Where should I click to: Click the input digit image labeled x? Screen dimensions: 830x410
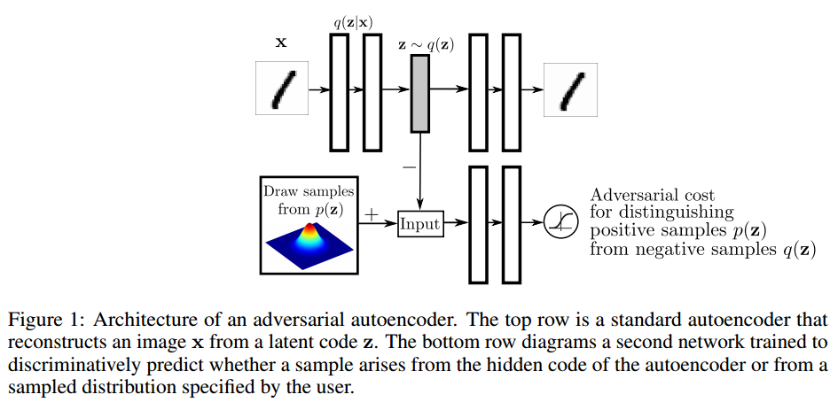(x=282, y=88)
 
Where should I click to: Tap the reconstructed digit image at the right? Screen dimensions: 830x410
(x=571, y=89)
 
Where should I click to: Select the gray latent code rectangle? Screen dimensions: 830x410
(x=420, y=94)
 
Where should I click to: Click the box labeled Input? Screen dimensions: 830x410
(x=420, y=223)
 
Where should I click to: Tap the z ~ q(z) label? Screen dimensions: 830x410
(x=426, y=45)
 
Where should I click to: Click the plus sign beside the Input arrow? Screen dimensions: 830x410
(x=372, y=214)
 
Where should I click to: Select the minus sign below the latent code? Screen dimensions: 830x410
(x=409, y=167)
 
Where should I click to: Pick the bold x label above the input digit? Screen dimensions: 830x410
(x=281, y=43)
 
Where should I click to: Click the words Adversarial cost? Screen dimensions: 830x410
(x=652, y=195)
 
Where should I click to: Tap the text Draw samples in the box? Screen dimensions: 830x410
(x=309, y=190)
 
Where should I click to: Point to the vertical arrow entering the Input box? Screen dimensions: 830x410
(x=420, y=171)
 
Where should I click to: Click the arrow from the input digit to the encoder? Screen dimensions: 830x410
(x=320, y=89)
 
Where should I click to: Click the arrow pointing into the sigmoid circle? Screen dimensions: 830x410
(x=533, y=223)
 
